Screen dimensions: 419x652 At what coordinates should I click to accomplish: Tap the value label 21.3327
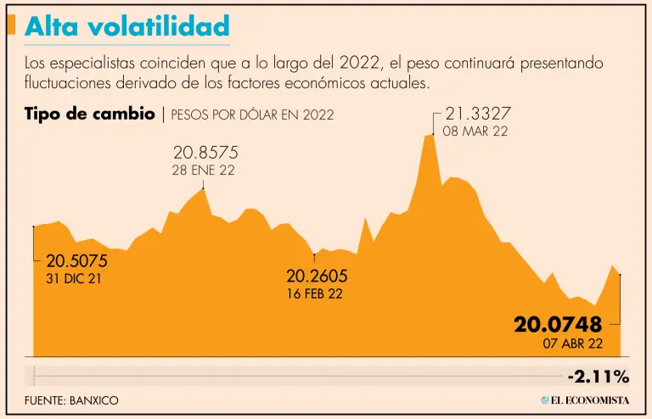tap(477, 114)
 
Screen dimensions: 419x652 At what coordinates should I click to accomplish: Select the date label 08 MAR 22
tap(475, 131)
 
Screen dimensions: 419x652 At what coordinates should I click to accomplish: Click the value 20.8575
tap(205, 154)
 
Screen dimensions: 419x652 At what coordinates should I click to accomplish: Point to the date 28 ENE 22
tap(204, 170)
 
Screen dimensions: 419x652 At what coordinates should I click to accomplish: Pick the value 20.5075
tap(76, 261)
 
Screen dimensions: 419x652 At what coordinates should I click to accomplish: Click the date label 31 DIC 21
tap(74, 278)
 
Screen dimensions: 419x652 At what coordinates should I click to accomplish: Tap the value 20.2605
tap(317, 277)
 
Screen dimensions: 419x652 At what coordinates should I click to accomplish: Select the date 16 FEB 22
tap(314, 293)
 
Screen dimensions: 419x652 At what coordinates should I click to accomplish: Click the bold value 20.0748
tap(557, 324)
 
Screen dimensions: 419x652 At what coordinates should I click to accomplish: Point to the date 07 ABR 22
tap(572, 344)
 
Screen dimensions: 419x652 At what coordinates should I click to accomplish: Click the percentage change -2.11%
tap(599, 376)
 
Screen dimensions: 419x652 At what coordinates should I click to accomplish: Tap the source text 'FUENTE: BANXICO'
tap(71, 399)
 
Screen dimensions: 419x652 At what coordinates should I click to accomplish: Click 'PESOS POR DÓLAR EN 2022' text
tap(252, 115)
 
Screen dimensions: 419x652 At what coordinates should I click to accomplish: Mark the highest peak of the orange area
tap(430, 135)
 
